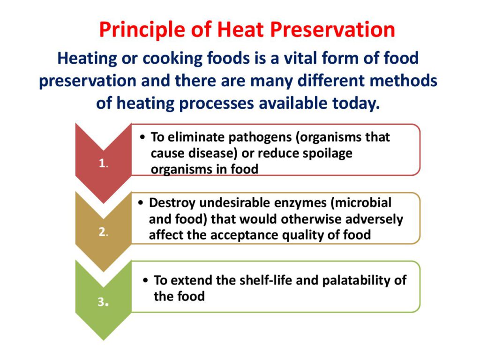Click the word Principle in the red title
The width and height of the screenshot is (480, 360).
click(142, 30)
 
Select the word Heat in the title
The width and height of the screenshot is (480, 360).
click(240, 30)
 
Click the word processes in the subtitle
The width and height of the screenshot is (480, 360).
click(217, 104)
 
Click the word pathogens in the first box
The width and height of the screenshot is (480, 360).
click(260, 137)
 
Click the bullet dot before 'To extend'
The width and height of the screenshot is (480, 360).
click(146, 281)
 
